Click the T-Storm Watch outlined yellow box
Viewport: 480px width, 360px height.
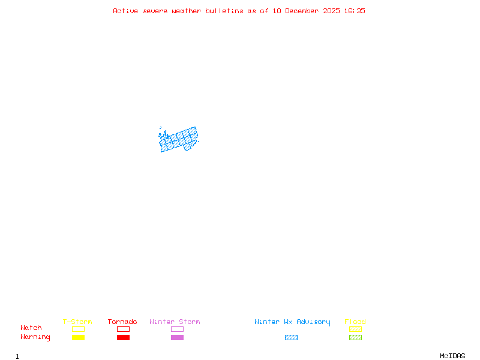click(78, 329)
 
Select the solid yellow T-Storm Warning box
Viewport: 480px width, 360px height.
click(78, 337)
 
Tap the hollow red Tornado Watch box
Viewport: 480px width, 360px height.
click(123, 329)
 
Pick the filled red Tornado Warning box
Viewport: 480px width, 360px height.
click(123, 337)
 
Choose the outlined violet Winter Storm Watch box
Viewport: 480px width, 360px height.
click(177, 329)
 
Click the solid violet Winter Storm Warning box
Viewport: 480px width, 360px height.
click(177, 337)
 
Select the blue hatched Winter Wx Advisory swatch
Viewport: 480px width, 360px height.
click(291, 337)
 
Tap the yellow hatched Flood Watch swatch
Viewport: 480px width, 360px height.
click(355, 329)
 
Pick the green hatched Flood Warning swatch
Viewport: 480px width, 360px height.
click(355, 337)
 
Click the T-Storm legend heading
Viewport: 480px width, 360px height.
click(77, 322)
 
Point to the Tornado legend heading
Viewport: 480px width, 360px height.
click(122, 322)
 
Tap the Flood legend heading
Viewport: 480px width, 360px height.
click(355, 322)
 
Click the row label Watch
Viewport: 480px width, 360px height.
click(31, 328)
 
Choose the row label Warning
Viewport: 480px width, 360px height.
click(35, 337)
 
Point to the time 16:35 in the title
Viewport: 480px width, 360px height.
click(355, 11)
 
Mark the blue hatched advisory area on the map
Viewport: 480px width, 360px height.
click(178, 140)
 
